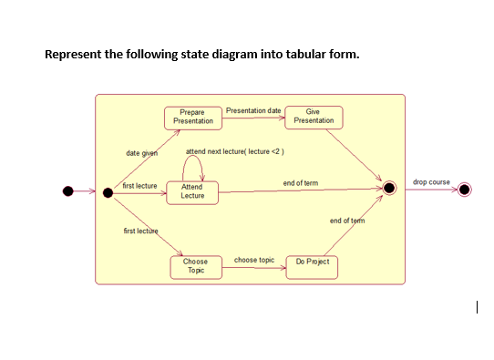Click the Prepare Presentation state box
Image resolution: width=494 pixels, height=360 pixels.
pos(193,117)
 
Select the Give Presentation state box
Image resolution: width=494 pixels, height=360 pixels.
pos(314,117)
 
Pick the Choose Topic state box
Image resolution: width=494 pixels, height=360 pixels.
pos(196,266)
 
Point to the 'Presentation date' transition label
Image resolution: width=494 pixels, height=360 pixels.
pos(252,110)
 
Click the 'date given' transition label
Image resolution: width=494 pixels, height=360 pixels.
pos(140,153)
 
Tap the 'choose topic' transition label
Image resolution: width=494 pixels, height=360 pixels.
pos(254,260)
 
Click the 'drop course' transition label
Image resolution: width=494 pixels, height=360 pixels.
pos(431,182)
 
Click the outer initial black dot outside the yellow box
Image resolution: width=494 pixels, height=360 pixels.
pos(67,190)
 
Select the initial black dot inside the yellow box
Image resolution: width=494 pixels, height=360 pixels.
pos(108,191)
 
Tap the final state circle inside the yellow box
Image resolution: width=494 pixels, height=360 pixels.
pos(390,188)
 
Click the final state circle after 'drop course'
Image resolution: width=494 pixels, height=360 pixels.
pos(465,190)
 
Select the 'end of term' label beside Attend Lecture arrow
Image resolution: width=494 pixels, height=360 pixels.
pos(301,183)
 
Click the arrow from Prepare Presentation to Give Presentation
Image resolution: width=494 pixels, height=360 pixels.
pos(252,118)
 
